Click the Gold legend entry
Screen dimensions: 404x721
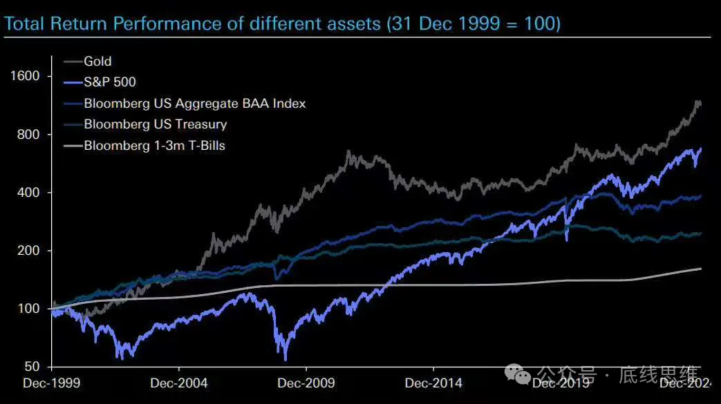(97, 61)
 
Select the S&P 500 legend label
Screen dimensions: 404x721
(110, 82)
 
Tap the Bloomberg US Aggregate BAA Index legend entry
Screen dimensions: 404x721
(194, 104)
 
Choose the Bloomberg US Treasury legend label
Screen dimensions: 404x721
(155, 124)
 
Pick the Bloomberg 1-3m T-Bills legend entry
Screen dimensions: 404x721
(154, 146)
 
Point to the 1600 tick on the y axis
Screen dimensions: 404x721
(26, 75)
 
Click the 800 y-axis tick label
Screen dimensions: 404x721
(29, 134)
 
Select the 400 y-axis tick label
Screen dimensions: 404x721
(29, 192)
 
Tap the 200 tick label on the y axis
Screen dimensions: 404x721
(29, 250)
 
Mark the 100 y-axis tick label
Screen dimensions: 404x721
(29, 308)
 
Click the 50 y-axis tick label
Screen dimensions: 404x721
(32, 367)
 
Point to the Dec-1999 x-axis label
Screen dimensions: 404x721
(52, 382)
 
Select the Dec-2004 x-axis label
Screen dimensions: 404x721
(178, 382)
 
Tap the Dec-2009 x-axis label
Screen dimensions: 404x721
(306, 382)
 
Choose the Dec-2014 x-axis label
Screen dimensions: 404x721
(433, 382)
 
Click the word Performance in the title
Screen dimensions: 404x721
(162, 24)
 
